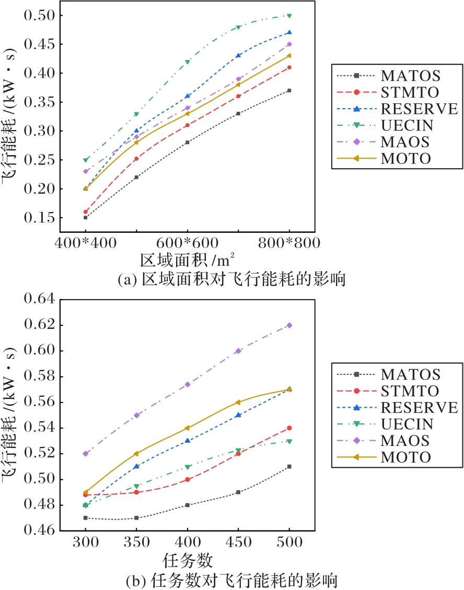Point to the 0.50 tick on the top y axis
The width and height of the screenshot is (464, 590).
tap(40, 16)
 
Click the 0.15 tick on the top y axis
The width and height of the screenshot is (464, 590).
tap(40, 218)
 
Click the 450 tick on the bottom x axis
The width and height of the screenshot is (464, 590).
tap(238, 542)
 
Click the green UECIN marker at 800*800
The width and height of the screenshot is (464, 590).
tap(289, 16)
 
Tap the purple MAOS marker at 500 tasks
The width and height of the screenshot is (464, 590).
tap(289, 325)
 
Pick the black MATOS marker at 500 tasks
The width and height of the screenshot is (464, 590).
tap(289, 467)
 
